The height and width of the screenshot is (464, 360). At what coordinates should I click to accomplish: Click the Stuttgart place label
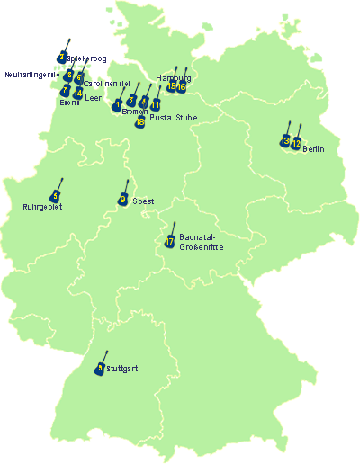[121, 369]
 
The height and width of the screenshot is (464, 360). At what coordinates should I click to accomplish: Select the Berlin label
[314, 148]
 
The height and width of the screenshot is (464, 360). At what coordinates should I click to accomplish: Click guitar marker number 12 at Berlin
[296, 142]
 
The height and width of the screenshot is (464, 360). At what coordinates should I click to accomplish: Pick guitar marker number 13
[285, 140]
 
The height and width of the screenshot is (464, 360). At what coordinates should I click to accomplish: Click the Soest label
[144, 202]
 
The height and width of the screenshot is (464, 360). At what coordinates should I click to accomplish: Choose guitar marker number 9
[123, 198]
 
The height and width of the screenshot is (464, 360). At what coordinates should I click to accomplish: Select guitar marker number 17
[170, 240]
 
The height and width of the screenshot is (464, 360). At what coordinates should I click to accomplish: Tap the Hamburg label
[173, 78]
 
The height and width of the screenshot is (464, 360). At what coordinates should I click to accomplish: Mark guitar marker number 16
[182, 86]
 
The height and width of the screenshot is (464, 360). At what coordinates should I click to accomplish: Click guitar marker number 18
[140, 121]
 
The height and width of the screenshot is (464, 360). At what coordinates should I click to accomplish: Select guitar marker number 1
[118, 105]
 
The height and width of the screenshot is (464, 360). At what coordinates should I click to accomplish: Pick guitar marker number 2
[61, 58]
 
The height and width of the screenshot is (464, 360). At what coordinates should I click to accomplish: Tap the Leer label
[93, 97]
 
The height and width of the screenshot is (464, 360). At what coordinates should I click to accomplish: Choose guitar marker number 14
[78, 93]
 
